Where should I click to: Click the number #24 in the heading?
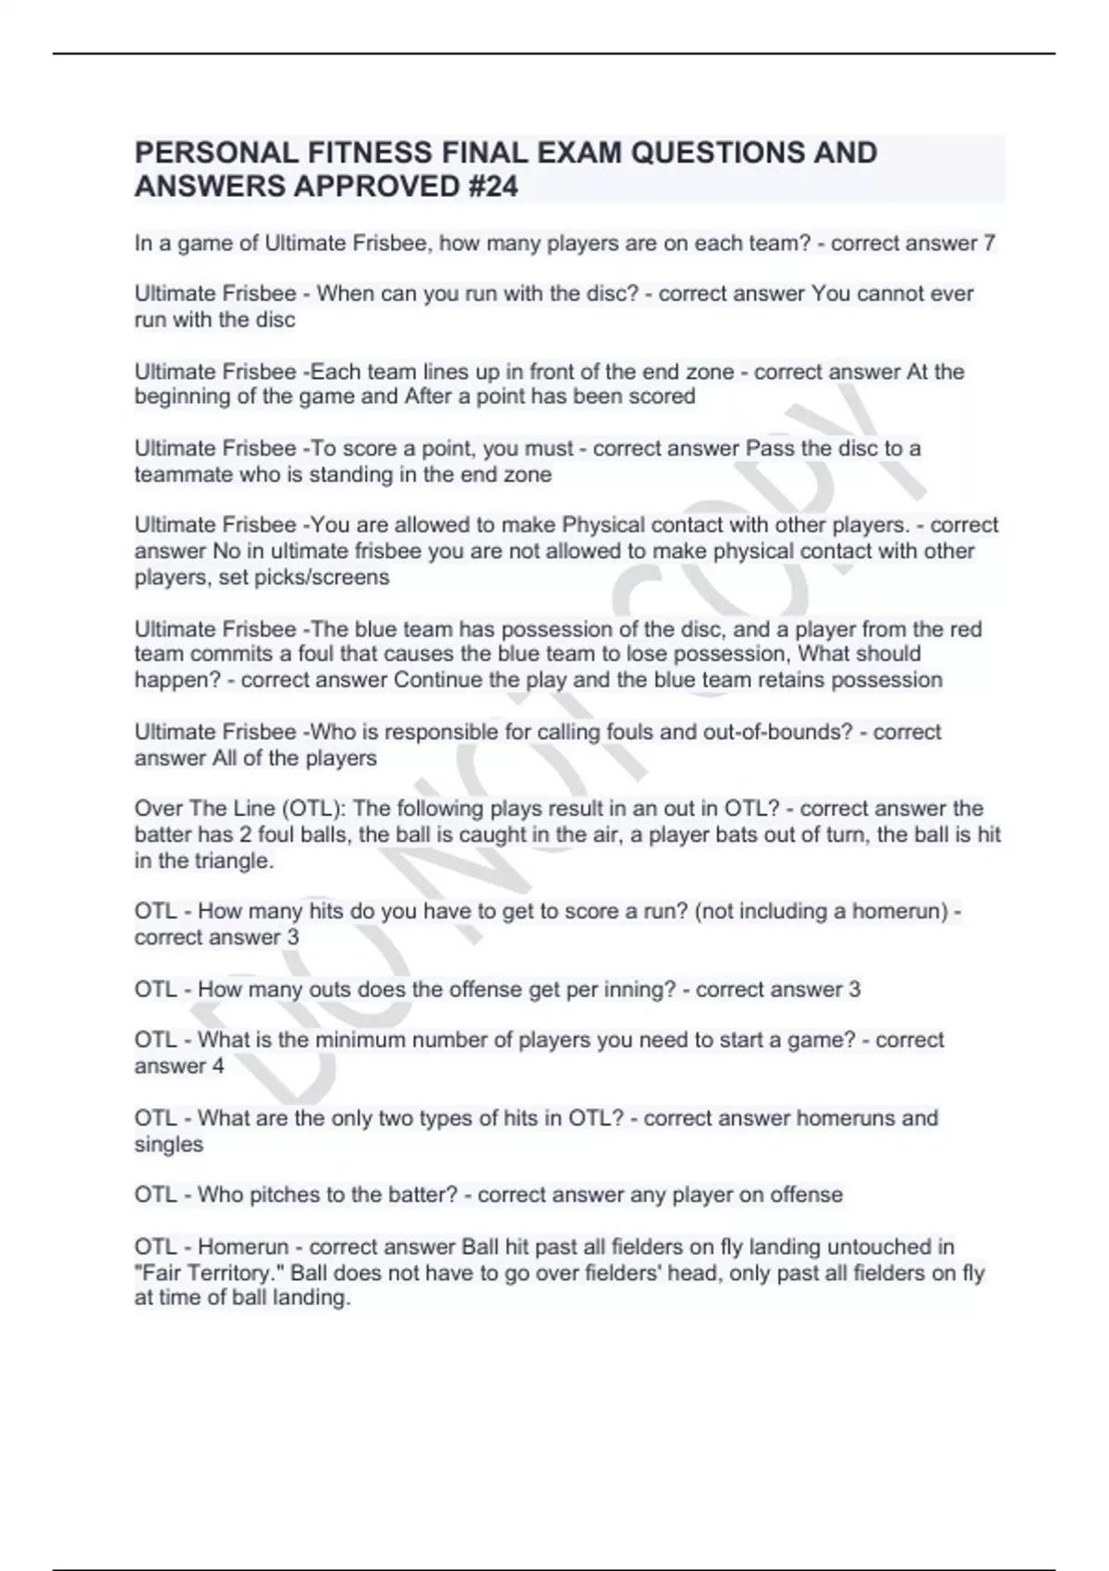(487, 186)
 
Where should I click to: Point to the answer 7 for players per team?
(990, 243)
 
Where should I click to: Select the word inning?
(640, 989)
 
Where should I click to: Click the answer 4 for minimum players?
(218, 1066)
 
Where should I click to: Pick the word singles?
(169, 1144)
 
